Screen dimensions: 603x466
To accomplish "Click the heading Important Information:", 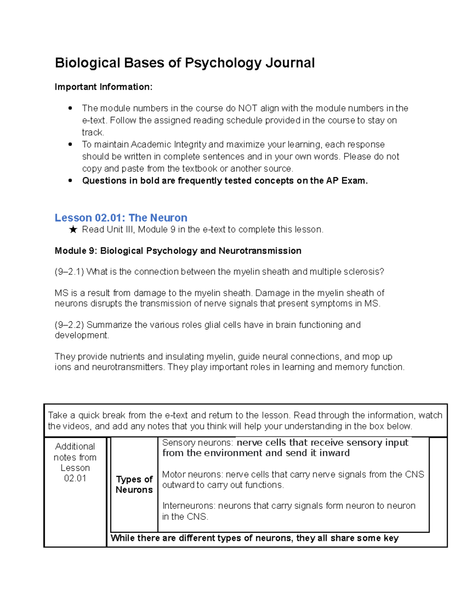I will pyautogui.click(x=103, y=87).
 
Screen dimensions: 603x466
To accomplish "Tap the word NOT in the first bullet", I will pyautogui.click(x=248, y=108).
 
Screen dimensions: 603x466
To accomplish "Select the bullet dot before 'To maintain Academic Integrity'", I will pyautogui.click(x=70, y=144).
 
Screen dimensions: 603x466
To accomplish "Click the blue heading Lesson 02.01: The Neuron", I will pyautogui.click(x=121, y=217).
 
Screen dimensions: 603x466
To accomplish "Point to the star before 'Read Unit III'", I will pyautogui.click(x=73, y=230).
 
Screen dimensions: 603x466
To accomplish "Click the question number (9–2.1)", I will pyautogui.click(x=69, y=272).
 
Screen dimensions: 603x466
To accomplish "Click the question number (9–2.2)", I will pyautogui.click(x=69, y=325).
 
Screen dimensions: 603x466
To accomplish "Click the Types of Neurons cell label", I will pyautogui.click(x=134, y=484).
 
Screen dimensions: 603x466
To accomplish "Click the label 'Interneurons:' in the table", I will pyautogui.click(x=189, y=506).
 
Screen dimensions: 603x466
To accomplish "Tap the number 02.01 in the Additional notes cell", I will pyautogui.click(x=75, y=478).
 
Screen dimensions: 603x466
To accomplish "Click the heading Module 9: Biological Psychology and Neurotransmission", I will pyautogui.click(x=178, y=251).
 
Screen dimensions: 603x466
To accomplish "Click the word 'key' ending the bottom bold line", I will pyautogui.click(x=391, y=538).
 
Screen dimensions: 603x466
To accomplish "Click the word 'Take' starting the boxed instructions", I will pyautogui.click(x=57, y=415).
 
